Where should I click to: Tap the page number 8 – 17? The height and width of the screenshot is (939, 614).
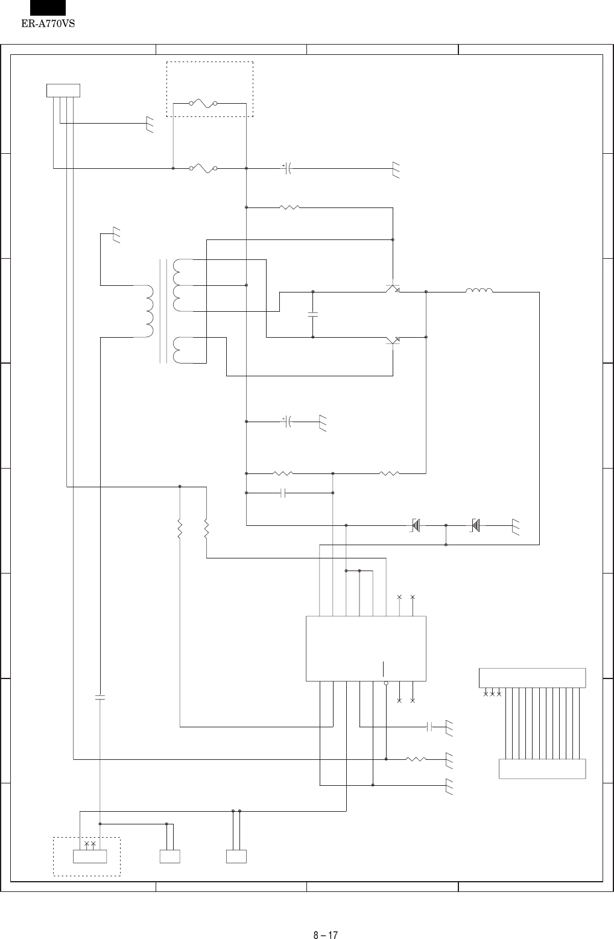325,918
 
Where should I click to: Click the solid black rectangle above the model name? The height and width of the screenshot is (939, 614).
48,7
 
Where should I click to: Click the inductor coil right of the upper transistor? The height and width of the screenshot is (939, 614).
479,291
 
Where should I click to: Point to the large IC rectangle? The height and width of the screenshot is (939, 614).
366,649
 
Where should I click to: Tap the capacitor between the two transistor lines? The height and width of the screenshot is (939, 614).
313,314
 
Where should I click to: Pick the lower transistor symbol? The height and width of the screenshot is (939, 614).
393,341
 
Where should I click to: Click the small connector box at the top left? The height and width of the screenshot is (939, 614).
63,91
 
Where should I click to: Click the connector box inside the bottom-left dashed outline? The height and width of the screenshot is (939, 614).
89,856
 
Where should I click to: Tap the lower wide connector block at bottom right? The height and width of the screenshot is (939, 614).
542,769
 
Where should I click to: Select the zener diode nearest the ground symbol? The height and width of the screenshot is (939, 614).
475,525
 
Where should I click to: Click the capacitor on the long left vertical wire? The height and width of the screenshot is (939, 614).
100,697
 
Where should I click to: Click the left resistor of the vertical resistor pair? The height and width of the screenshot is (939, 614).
180,529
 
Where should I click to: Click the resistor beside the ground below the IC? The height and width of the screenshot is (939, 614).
416,759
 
